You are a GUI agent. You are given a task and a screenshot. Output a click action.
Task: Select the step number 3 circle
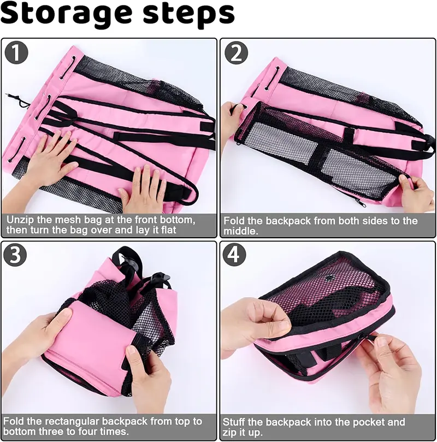coord(17,255)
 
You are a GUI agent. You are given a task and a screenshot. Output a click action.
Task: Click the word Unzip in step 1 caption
coord(21,219)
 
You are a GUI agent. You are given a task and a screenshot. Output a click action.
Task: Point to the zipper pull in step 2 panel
coord(359,203)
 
